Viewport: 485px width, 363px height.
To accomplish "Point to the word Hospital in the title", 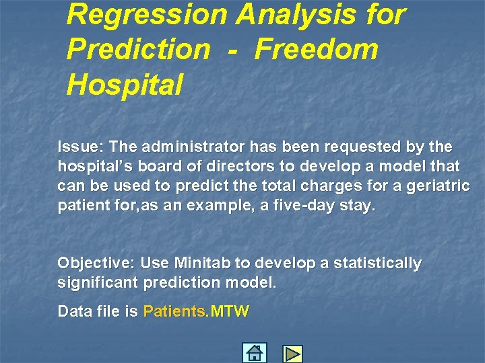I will click(125, 84).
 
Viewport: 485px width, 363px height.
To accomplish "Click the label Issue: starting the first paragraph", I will click(80, 147).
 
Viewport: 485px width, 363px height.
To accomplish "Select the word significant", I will click(98, 283).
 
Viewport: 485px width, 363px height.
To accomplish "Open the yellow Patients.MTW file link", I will click(196, 312).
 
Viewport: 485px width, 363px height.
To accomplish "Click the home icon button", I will click(255, 353).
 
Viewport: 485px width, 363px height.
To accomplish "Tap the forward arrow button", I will click(292, 354).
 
